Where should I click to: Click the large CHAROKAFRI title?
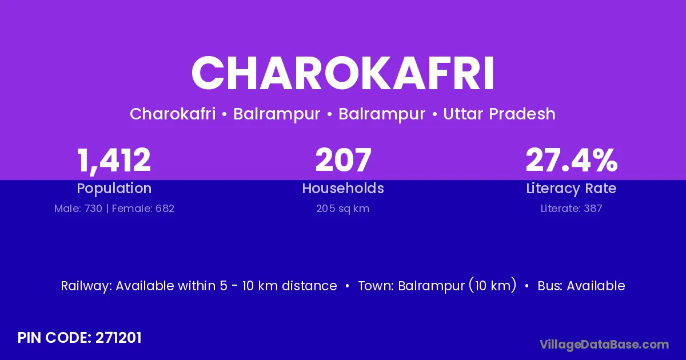(x=342, y=73)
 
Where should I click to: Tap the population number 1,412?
(x=114, y=161)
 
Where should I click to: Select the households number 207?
(x=343, y=160)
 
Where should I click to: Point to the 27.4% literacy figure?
(x=572, y=160)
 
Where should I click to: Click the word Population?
(x=114, y=189)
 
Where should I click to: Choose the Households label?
(x=343, y=188)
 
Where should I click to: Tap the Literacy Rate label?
(x=571, y=189)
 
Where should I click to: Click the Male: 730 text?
(x=78, y=209)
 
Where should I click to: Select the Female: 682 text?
(x=143, y=209)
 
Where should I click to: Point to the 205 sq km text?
(x=342, y=209)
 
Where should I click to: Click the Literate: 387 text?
(x=571, y=209)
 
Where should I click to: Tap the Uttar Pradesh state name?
(x=499, y=114)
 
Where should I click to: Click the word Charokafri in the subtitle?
(x=173, y=114)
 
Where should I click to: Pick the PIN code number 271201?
(x=118, y=338)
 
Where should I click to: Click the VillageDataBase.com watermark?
(x=604, y=345)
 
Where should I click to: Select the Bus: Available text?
(x=581, y=286)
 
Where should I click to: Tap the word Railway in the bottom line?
(x=86, y=286)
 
